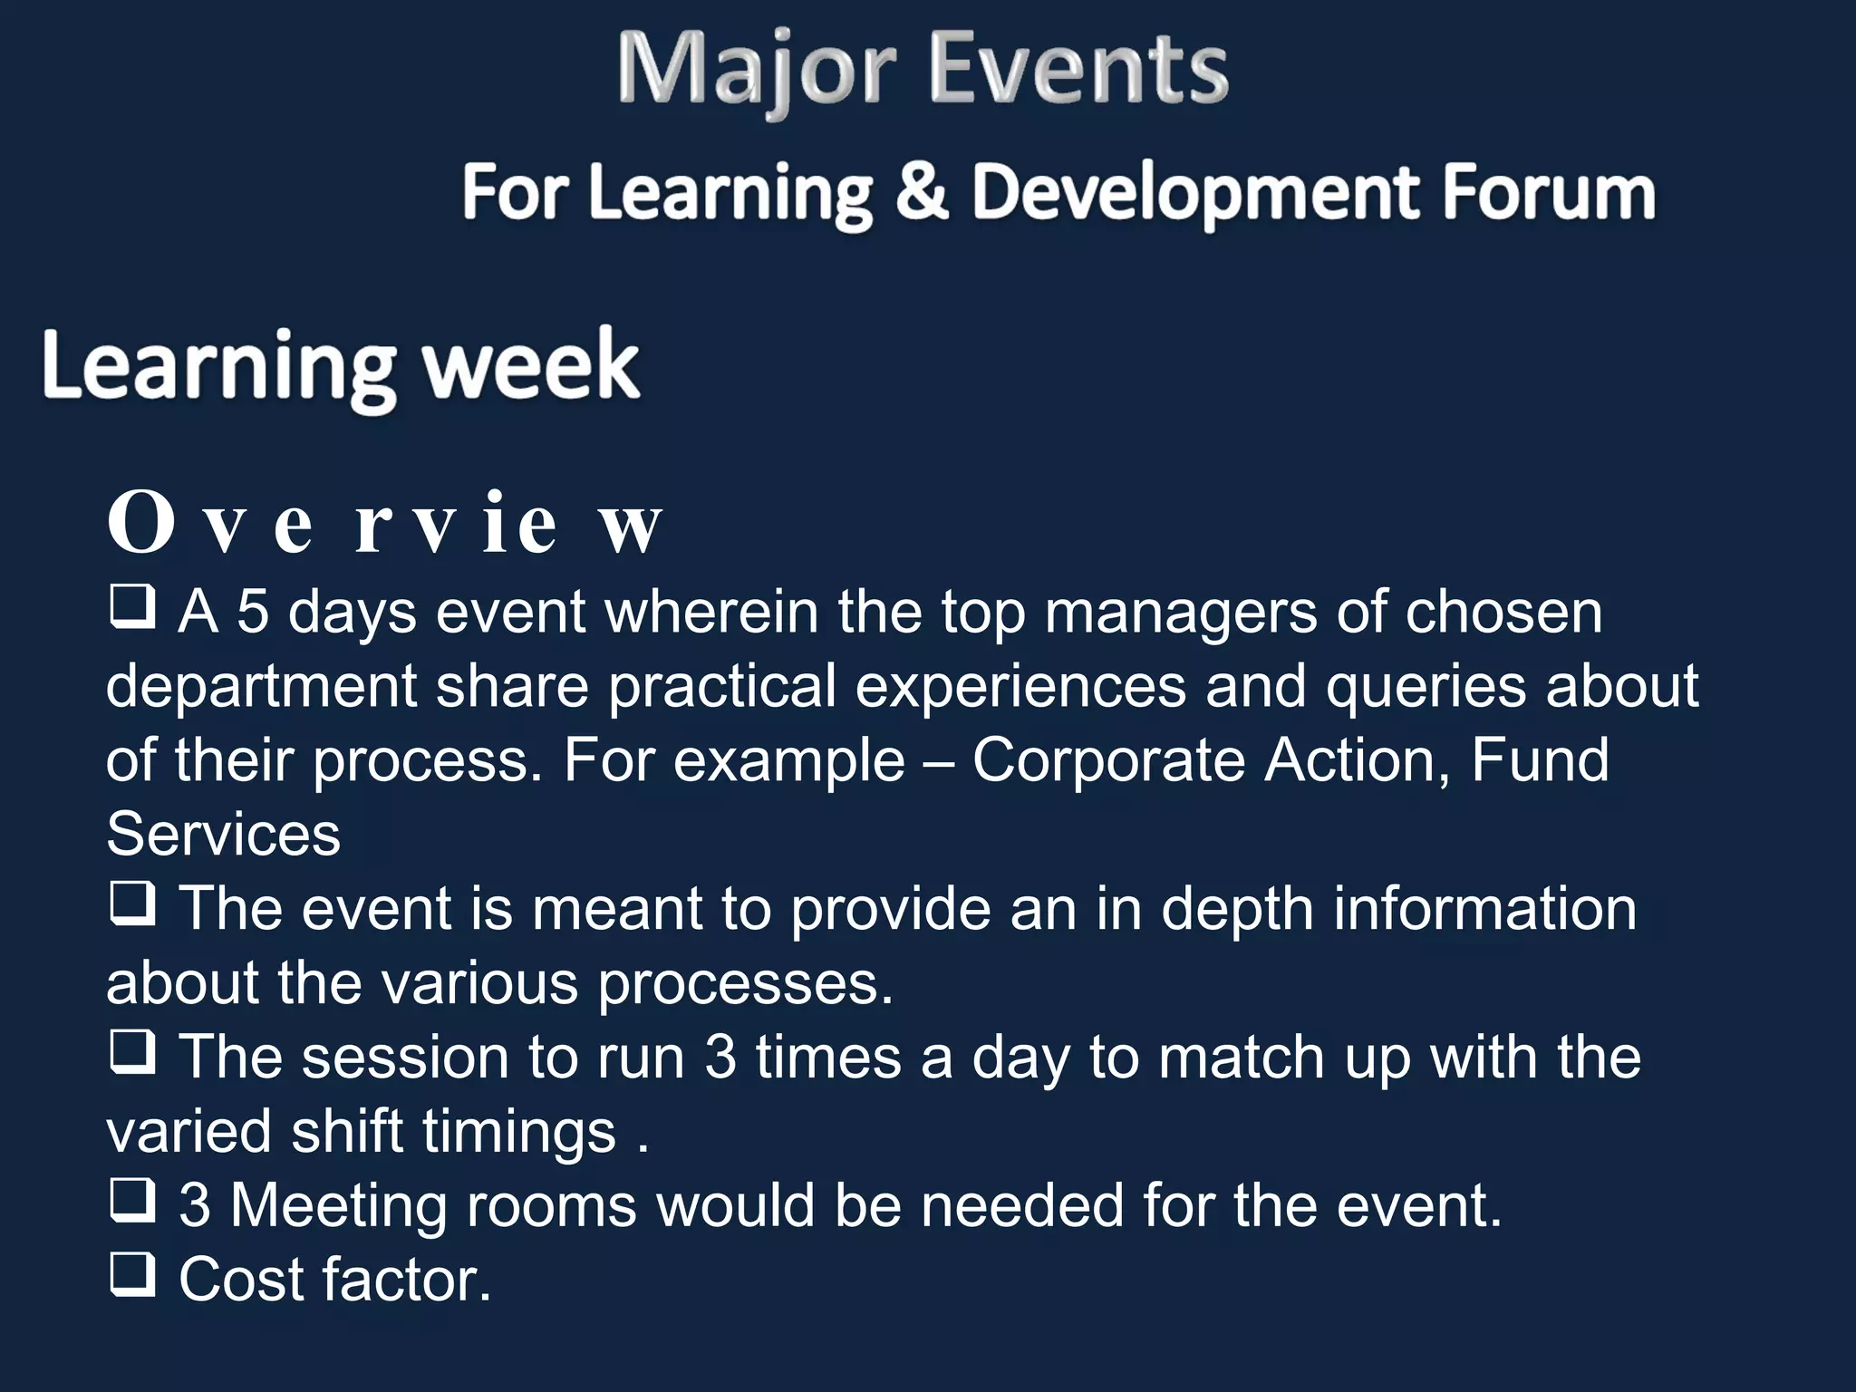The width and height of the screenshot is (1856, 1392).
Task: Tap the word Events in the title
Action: tap(1078, 69)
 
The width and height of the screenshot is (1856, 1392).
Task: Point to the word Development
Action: tap(1195, 193)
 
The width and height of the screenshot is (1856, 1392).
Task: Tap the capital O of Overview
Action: tap(140, 523)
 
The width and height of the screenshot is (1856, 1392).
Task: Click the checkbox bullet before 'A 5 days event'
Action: tap(132, 607)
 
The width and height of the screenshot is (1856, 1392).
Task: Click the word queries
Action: tap(1426, 686)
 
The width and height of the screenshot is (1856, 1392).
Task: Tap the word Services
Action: tap(223, 834)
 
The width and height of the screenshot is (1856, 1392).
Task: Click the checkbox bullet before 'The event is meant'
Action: tap(132, 904)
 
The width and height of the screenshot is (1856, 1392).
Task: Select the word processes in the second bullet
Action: tap(745, 983)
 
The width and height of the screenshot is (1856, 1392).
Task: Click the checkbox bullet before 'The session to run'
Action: tap(132, 1052)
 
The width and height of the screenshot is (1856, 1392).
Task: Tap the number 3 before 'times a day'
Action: tap(720, 1057)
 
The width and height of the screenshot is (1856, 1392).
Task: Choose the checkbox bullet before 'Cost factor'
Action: tap(132, 1274)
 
